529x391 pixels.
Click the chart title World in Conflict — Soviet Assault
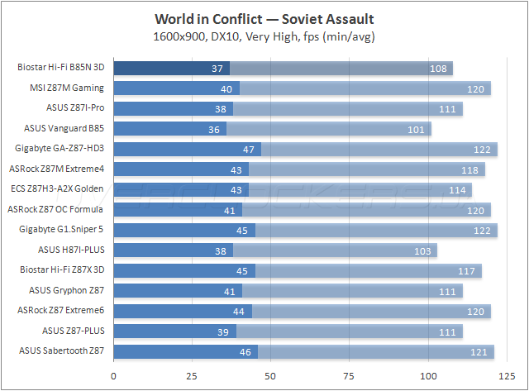click(x=264, y=19)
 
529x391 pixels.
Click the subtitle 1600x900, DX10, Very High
click(x=264, y=36)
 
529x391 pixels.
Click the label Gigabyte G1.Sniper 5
click(x=67, y=229)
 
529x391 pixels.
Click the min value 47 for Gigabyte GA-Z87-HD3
click(x=249, y=149)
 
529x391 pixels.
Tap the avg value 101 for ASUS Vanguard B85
click(x=417, y=128)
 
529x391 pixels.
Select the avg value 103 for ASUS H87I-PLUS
click(x=422, y=250)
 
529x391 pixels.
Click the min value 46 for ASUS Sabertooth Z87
click(x=245, y=351)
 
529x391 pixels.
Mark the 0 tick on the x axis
click(x=113, y=376)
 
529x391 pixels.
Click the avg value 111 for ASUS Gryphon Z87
click(x=448, y=290)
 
